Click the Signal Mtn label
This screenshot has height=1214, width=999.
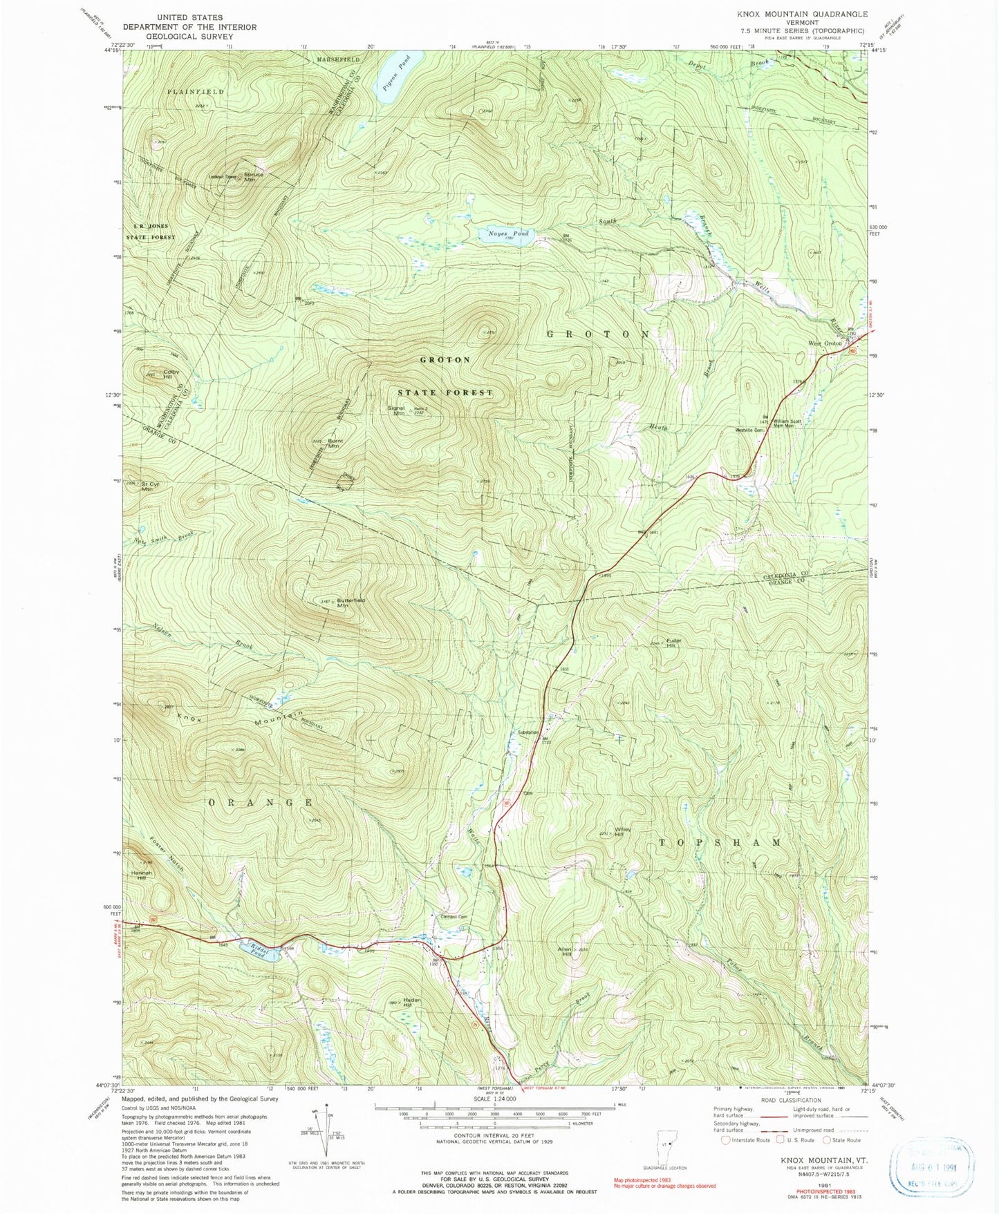[x=397, y=410]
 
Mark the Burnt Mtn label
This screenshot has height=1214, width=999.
[x=335, y=444]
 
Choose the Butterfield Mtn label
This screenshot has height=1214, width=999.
[x=351, y=603]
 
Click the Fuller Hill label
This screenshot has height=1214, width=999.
[x=673, y=643]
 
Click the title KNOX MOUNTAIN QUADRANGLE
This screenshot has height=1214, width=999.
[x=802, y=15]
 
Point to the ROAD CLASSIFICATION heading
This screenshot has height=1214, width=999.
[x=791, y=1100]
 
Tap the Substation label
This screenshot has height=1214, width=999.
[x=529, y=732]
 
